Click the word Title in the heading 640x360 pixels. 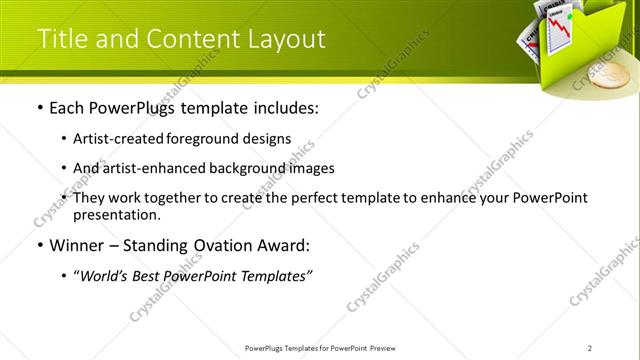(63, 39)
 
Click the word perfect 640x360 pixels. (323, 198)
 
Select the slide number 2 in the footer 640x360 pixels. (591, 348)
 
